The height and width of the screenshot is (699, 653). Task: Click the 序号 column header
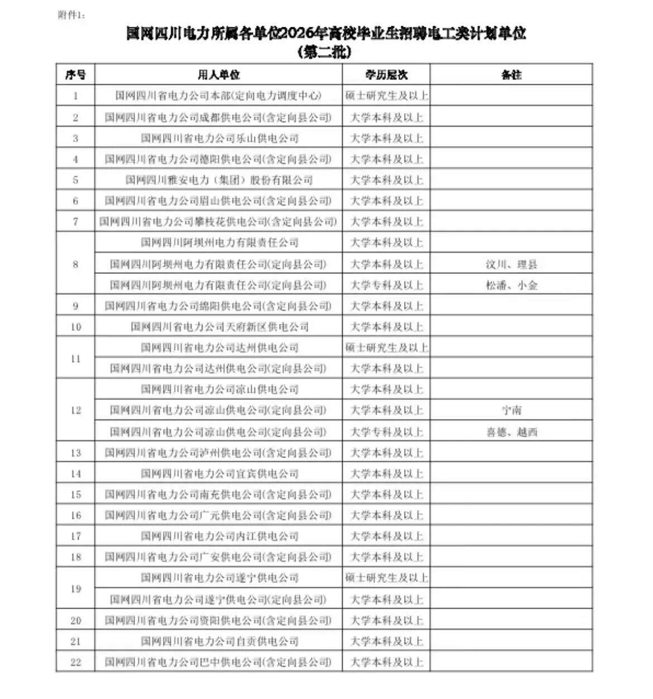pyautogui.click(x=75, y=75)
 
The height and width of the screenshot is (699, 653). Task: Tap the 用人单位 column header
pyautogui.click(x=218, y=75)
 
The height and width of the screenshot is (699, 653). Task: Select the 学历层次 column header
pyautogui.click(x=386, y=75)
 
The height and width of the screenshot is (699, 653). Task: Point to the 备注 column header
pyautogui.click(x=511, y=75)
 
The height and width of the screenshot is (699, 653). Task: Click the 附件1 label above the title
pyautogui.click(x=71, y=15)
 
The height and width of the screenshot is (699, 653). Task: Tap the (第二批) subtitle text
pyautogui.click(x=325, y=52)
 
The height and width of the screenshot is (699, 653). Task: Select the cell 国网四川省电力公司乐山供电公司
pyautogui.click(x=219, y=138)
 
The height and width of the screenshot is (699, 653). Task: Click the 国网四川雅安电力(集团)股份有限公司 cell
pyautogui.click(x=219, y=180)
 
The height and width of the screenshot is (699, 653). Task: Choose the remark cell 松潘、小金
pyautogui.click(x=511, y=285)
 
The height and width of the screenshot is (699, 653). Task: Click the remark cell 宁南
pyautogui.click(x=511, y=411)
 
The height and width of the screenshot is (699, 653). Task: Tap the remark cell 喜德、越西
pyautogui.click(x=511, y=432)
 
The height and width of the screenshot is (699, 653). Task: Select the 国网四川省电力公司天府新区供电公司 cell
pyautogui.click(x=219, y=327)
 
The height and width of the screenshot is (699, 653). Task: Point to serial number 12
pyautogui.click(x=76, y=411)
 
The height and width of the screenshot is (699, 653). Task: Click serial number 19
pyautogui.click(x=76, y=589)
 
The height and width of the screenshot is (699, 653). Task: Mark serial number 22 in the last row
pyautogui.click(x=76, y=662)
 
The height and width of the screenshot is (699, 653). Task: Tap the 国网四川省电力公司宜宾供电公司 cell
pyautogui.click(x=219, y=474)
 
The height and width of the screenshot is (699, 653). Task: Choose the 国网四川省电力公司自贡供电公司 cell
pyautogui.click(x=219, y=642)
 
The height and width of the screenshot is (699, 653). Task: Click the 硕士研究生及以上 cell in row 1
pyautogui.click(x=386, y=96)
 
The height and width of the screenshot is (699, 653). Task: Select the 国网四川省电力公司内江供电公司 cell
pyautogui.click(x=219, y=536)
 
